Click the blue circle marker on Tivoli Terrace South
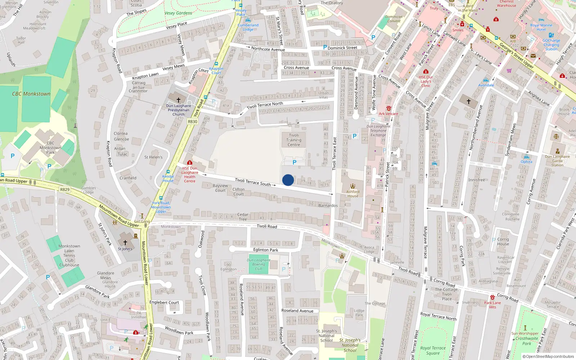[288, 180]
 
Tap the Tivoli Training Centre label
[294, 140]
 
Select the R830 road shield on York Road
[193, 122]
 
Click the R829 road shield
[65, 189]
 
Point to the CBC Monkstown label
[31, 94]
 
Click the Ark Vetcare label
[388, 114]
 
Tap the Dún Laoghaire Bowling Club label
[258, 264]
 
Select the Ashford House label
[353, 194]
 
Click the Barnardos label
[328, 206]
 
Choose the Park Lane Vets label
[492, 305]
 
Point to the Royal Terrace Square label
[433, 351]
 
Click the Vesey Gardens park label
[178, 13]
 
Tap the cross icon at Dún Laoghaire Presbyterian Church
[178, 100]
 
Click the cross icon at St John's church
[125, 243]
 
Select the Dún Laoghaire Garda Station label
[557, 161]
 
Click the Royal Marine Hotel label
[541, 27]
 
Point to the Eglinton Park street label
[266, 250]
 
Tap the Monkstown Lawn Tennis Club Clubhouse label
[69, 256]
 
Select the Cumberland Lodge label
[248, 27]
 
